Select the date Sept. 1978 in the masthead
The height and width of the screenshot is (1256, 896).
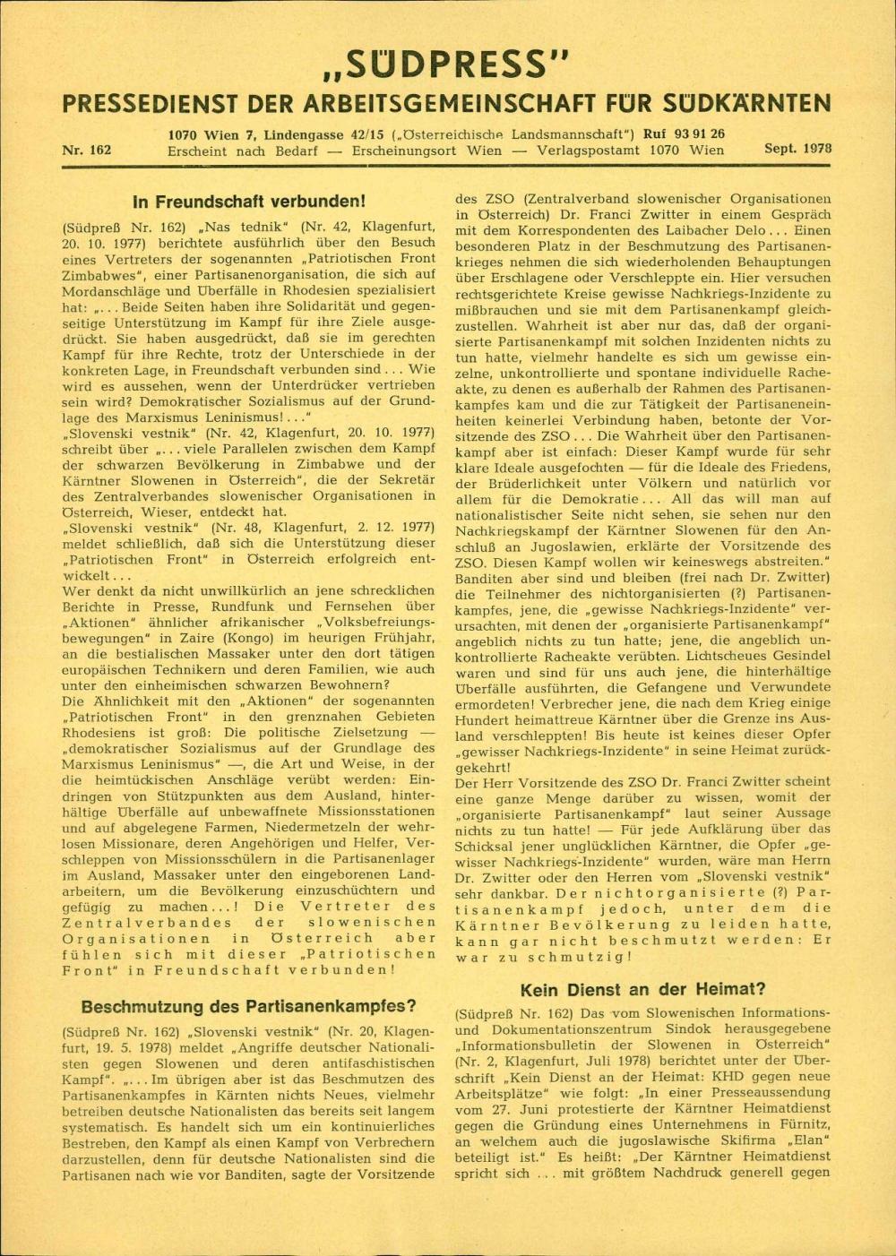tap(797, 150)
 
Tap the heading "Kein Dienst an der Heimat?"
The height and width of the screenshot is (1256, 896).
tap(642, 989)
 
